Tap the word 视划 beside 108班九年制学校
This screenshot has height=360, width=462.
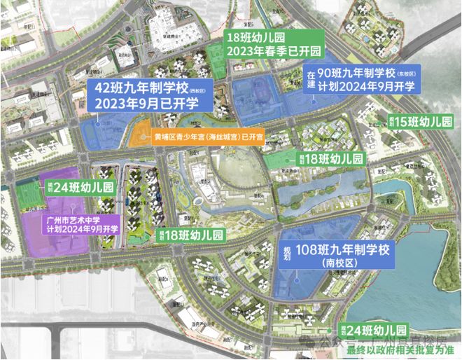[x=286, y=249]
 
